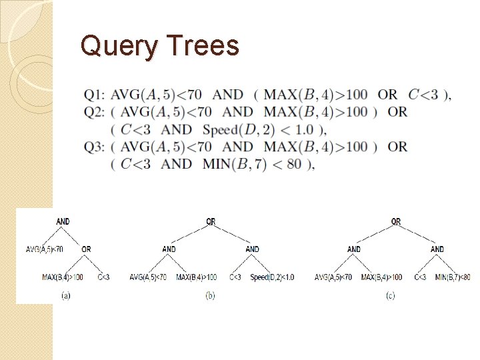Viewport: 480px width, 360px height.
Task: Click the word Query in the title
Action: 117,46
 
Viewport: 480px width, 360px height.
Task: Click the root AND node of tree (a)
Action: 63,221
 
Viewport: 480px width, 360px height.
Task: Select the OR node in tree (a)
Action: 86,249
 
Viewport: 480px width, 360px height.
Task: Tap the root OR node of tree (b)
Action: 211,222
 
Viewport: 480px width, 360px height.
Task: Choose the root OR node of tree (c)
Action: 396,222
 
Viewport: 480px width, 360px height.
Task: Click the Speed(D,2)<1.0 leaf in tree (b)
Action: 272,277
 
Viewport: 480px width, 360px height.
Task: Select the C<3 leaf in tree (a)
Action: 103,277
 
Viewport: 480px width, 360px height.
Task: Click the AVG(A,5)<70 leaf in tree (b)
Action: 148,277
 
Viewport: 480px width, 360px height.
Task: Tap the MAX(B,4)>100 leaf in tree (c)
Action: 381,277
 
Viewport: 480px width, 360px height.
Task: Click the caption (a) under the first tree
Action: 65,294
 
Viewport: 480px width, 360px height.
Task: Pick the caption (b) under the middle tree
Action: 211,295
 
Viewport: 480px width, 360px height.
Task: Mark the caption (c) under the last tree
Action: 390,295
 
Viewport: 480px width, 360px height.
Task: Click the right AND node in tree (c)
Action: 437,249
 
